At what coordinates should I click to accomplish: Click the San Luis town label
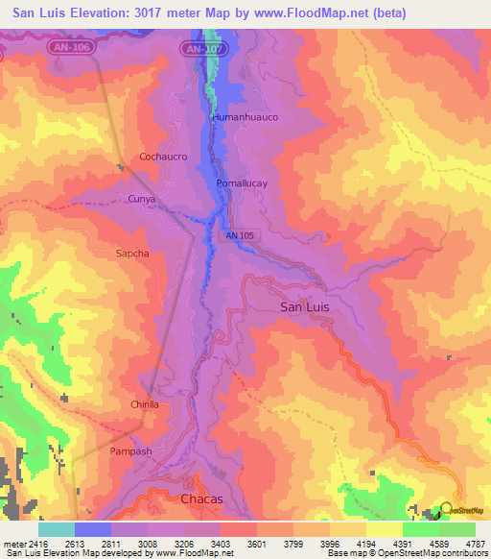coord(308,306)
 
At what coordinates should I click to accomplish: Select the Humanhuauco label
coord(245,117)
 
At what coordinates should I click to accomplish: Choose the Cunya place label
coord(141,199)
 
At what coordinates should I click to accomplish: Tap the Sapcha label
coord(132,254)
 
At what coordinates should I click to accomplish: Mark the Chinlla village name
coord(145,405)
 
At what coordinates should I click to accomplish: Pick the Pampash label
coord(131,451)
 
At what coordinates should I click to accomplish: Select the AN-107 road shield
coord(203,47)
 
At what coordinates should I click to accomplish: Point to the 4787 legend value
coord(475,544)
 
